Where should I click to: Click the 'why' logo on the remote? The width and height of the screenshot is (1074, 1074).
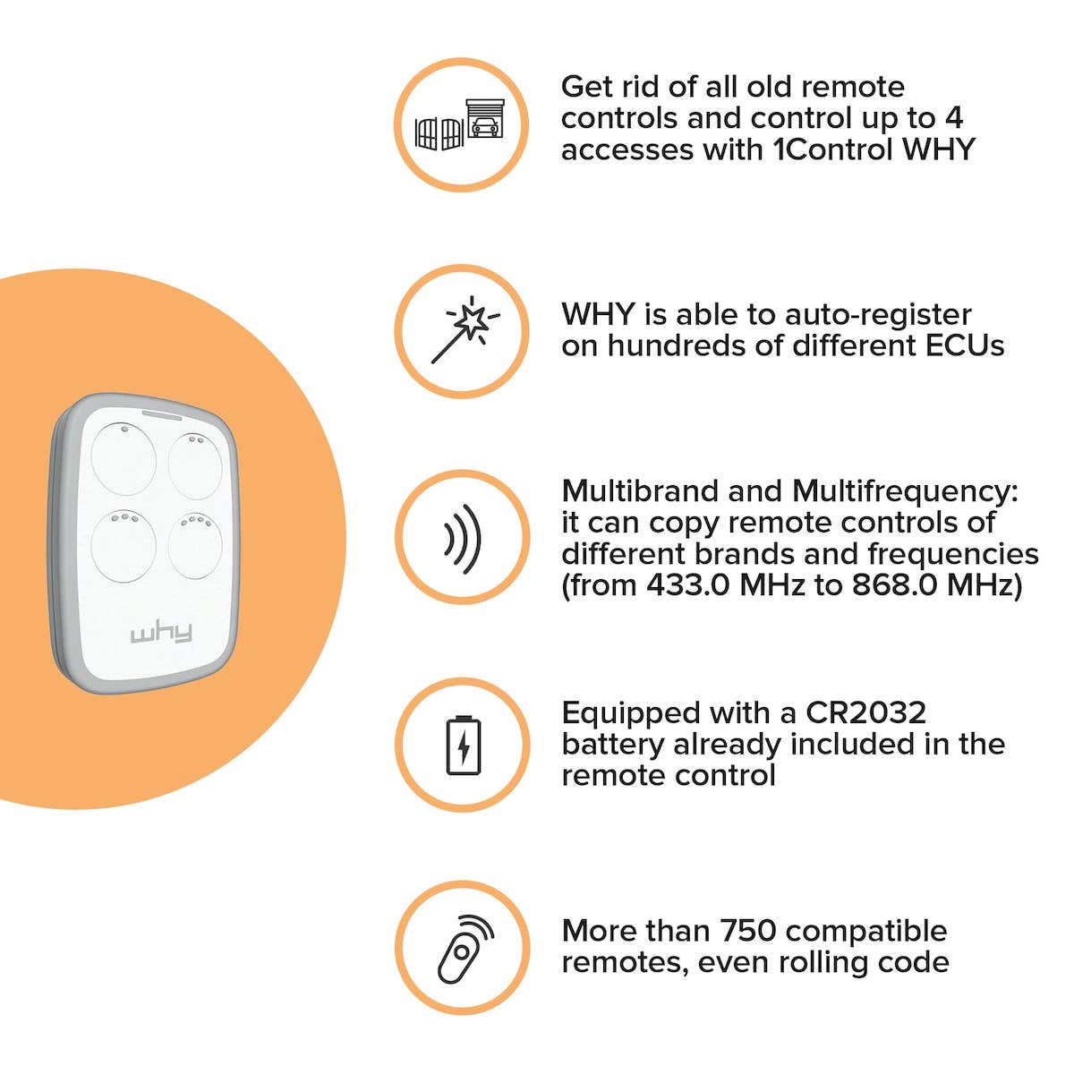[x=162, y=633]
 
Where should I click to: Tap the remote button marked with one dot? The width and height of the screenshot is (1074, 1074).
[x=124, y=459]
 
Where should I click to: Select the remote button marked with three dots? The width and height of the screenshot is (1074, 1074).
[x=124, y=546]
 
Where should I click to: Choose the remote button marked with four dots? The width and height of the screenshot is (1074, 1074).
[x=195, y=546]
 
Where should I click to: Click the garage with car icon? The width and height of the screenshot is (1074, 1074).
[x=485, y=119]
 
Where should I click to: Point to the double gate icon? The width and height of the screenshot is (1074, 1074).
[x=439, y=133]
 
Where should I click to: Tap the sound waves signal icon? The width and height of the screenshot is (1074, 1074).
[x=463, y=539]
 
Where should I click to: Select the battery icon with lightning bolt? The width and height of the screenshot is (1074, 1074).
[x=463, y=746]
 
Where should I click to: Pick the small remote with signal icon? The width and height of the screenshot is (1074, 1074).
[x=465, y=950]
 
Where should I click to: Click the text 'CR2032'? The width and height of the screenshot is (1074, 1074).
[x=866, y=712]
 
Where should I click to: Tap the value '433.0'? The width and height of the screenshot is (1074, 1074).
[x=687, y=584]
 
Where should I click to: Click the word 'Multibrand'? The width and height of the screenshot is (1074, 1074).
[x=641, y=491]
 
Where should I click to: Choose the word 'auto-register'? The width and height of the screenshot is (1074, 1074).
[x=878, y=316]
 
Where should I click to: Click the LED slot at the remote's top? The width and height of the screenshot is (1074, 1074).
[x=162, y=415]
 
